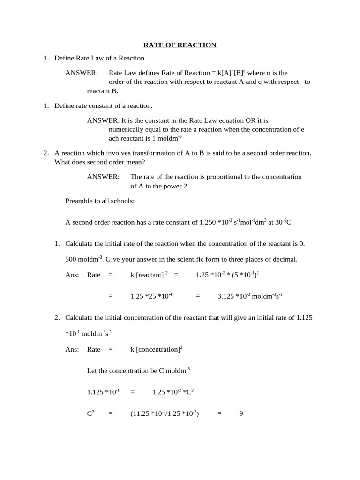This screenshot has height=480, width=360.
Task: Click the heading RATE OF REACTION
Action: [x=180, y=45]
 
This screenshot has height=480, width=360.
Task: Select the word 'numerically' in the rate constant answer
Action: [x=125, y=129]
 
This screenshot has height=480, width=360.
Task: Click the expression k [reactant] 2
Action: [x=149, y=275]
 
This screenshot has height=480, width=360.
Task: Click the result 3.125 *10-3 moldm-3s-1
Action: [x=250, y=296]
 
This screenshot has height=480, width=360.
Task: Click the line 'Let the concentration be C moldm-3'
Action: [x=138, y=370]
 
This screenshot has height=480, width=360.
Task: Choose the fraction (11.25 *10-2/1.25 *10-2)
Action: [x=165, y=414]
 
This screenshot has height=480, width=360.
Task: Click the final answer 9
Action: [x=241, y=414]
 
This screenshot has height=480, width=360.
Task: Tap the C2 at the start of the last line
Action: [x=91, y=414]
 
